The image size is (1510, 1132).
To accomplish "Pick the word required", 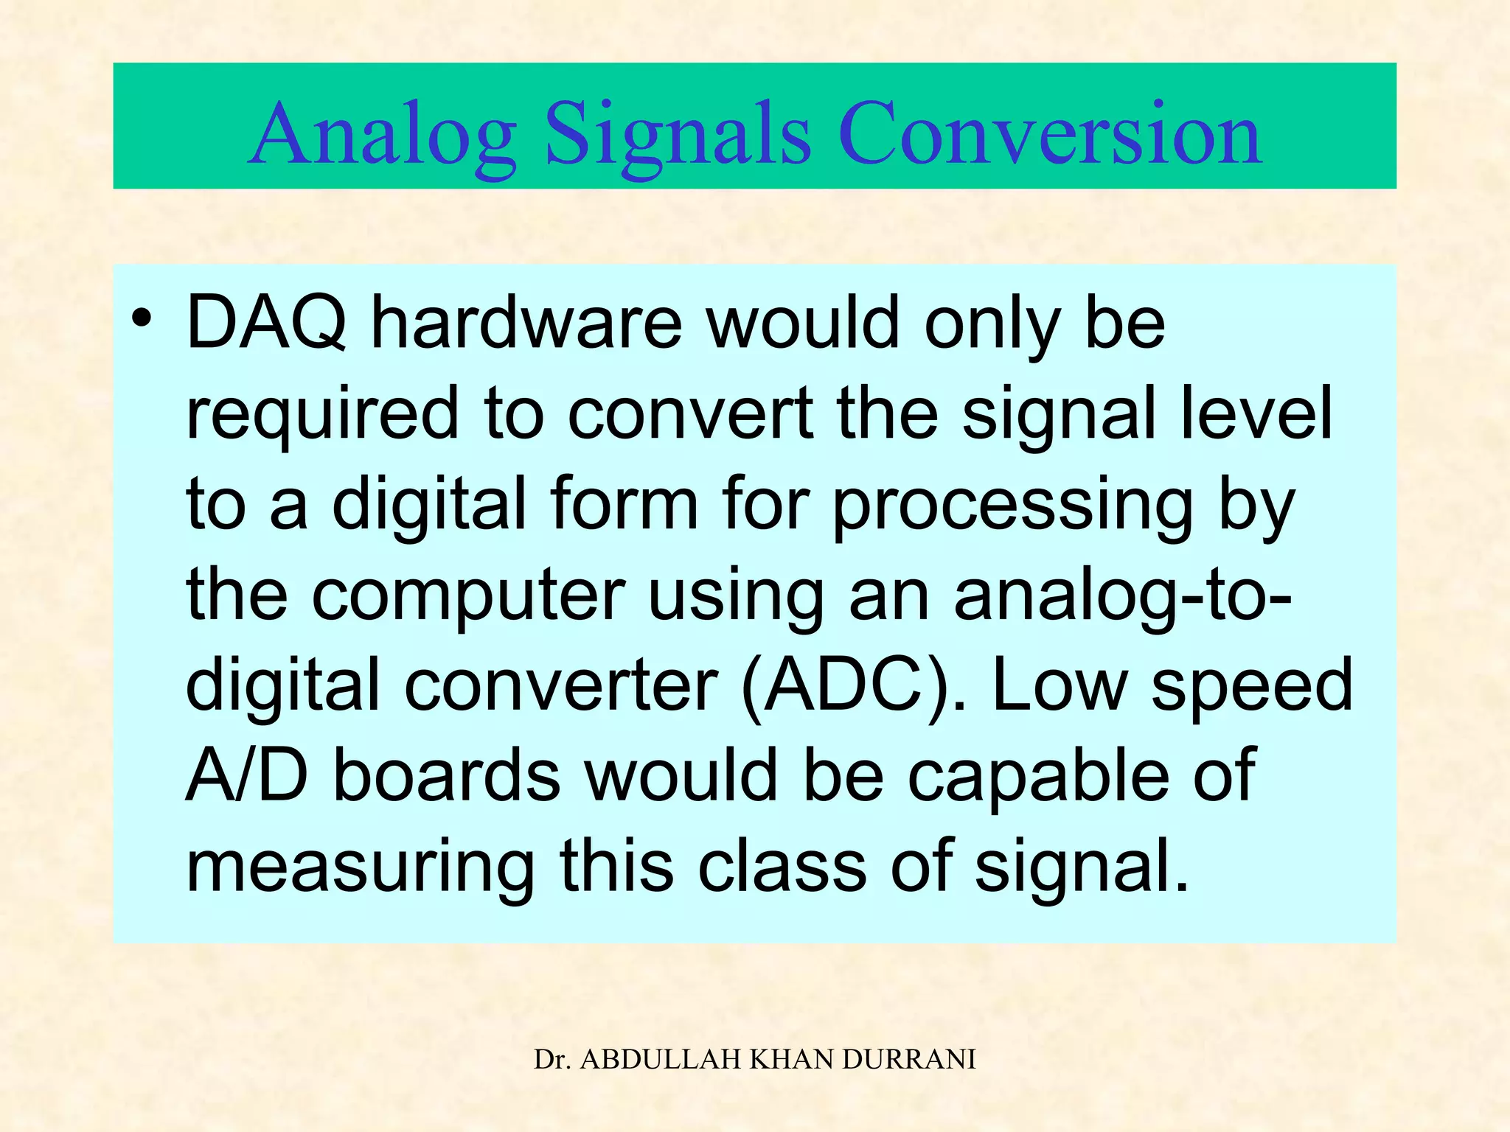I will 323,414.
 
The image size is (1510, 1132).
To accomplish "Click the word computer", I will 468,595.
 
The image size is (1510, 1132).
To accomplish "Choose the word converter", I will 561,686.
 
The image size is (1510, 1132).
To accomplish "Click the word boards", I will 447,775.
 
